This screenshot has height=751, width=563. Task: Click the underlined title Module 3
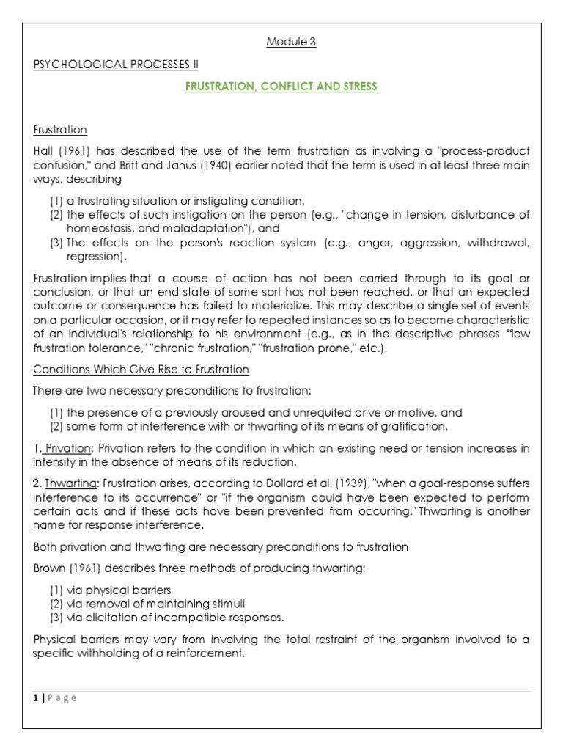coord(291,42)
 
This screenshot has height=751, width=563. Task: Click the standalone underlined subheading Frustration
coord(60,130)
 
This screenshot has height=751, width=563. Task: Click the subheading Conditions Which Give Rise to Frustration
coord(141,369)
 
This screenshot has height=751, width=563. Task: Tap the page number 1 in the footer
coord(36,697)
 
